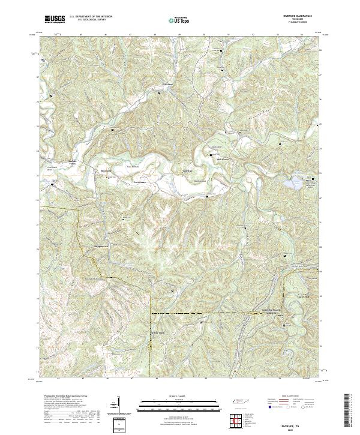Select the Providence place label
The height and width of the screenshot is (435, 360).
pyautogui.click(x=139, y=182)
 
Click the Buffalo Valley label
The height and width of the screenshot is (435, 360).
pyautogui.click(x=73, y=163)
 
